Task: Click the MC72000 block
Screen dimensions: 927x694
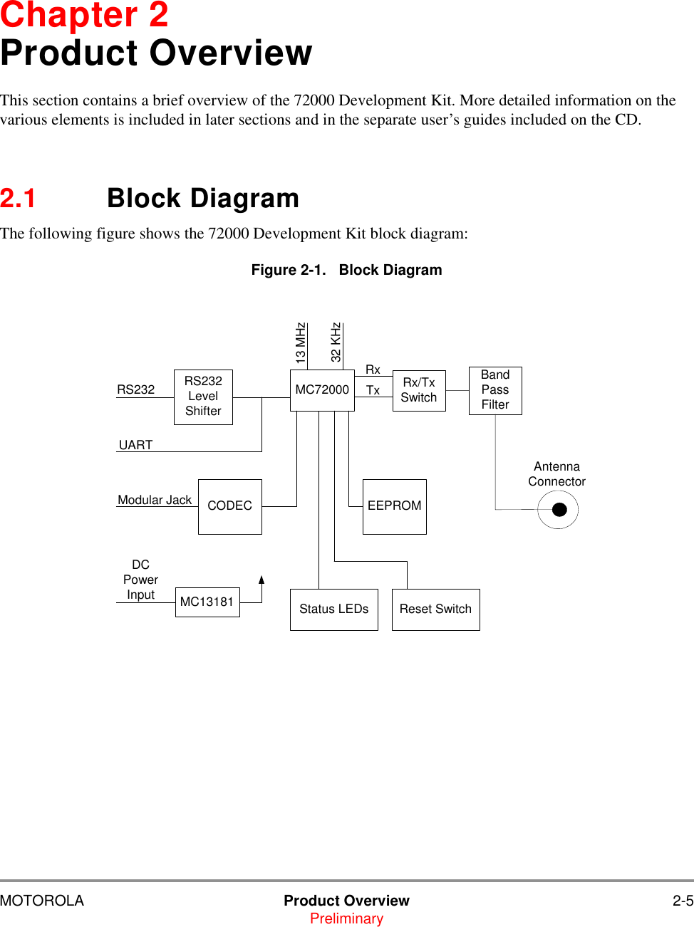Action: coord(322,390)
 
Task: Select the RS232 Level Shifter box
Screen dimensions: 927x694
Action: coord(203,397)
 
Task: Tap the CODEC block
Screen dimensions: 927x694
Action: coord(229,506)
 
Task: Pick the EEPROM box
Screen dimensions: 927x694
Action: coord(394,506)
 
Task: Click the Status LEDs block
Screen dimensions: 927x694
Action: coord(333,609)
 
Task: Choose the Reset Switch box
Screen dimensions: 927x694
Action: coord(435,609)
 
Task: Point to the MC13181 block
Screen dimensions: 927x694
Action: coord(207,602)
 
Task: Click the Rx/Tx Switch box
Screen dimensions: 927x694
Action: coord(419,390)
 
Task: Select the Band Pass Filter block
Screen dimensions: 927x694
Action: coord(495,390)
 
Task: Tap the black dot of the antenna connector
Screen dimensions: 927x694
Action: coord(559,510)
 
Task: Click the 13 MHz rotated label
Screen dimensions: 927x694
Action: coord(301,344)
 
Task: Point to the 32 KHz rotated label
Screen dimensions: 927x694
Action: coord(336,342)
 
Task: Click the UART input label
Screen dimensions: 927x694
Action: coord(135,445)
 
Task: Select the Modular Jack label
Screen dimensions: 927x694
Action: coord(155,500)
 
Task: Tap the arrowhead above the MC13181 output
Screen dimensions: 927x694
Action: coord(261,580)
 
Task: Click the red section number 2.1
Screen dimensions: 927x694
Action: coord(18,199)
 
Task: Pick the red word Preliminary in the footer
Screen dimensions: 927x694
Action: coord(346,918)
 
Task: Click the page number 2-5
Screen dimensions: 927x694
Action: coord(683,901)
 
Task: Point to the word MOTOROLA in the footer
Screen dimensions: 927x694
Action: coord(42,901)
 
